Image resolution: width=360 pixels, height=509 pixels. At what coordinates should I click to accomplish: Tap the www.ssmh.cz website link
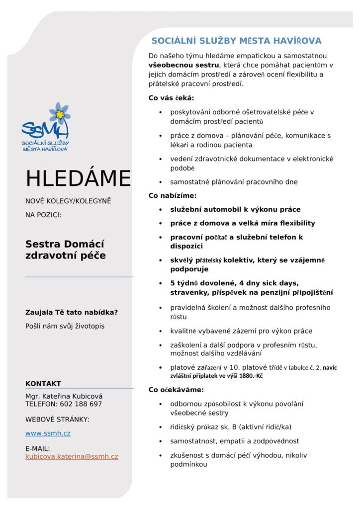(x=48, y=433)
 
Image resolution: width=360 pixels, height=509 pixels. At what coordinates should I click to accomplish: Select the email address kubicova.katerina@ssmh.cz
(x=72, y=456)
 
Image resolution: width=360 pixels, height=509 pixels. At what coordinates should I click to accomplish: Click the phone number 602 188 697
(x=81, y=404)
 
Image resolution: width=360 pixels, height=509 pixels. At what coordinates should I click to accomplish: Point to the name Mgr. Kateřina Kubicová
(x=64, y=396)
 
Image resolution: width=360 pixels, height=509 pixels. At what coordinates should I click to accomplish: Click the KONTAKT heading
(x=43, y=384)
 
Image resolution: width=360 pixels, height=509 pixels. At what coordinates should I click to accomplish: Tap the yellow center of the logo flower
(x=60, y=114)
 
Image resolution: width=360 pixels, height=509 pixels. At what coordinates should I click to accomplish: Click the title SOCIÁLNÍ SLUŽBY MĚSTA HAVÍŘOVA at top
(x=236, y=41)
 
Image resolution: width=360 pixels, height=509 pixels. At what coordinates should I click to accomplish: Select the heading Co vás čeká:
(x=171, y=98)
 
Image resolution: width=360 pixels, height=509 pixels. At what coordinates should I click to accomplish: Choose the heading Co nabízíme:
(x=173, y=196)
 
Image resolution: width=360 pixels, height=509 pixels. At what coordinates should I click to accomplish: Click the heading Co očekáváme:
(x=176, y=390)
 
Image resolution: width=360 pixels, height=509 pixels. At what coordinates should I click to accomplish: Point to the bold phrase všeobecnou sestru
(x=183, y=65)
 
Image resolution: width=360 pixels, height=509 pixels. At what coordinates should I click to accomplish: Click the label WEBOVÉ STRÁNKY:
(x=57, y=420)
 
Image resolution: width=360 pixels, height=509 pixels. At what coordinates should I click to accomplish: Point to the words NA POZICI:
(x=43, y=215)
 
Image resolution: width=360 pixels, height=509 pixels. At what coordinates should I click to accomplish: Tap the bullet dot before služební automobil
(x=160, y=210)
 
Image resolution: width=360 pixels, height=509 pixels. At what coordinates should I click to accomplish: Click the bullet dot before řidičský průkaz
(x=160, y=427)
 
